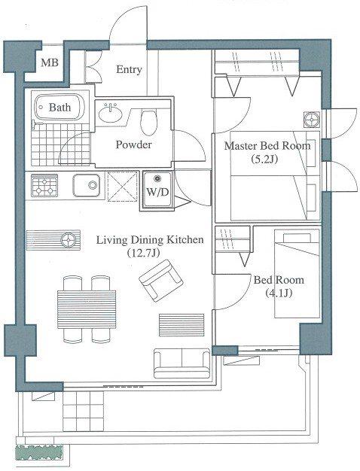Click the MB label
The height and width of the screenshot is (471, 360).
pos(50,62)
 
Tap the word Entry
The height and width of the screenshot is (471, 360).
pos(129,70)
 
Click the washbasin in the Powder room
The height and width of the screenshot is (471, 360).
pos(111,114)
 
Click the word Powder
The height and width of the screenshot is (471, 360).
pos(134,145)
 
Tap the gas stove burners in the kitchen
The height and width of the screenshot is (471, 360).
pos(44,186)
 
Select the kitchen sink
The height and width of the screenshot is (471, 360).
pos(87,185)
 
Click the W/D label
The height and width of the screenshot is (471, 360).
pos(157,193)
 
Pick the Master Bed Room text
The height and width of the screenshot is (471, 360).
pos(267,146)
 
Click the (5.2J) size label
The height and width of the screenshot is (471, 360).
pos(264,159)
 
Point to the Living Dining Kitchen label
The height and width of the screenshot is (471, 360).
pos(150,240)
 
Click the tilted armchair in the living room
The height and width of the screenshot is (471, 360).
pos(161,281)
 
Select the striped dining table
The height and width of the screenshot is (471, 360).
pos(87,309)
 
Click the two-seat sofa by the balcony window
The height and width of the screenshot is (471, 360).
pos(182,363)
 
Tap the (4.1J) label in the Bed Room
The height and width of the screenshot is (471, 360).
pos(279,293)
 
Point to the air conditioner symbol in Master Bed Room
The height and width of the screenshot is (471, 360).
pos(311,120)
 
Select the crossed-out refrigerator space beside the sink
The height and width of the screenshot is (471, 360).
pos(121,186)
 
